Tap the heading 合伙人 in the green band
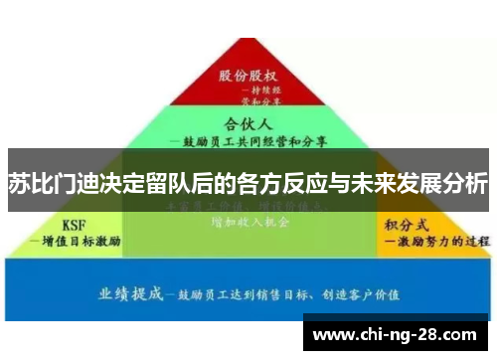click(x=248, y=124)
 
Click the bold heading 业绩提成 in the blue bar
click(x=135, y=293)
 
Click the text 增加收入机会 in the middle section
click(x=248, y=224)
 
